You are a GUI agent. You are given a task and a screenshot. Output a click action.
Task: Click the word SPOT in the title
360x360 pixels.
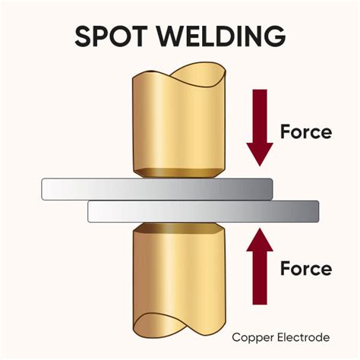coord(113,36)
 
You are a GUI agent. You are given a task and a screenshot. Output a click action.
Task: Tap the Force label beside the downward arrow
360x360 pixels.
coord(306,132)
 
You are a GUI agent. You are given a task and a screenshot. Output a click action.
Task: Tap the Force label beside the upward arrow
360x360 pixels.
coord(306,268)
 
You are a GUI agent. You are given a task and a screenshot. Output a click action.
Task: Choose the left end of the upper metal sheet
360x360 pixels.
coord(47,188)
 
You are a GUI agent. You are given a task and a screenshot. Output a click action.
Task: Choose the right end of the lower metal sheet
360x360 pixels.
coord(313,211)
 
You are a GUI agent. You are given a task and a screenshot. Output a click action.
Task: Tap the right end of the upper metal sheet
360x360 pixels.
coord(267,188)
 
